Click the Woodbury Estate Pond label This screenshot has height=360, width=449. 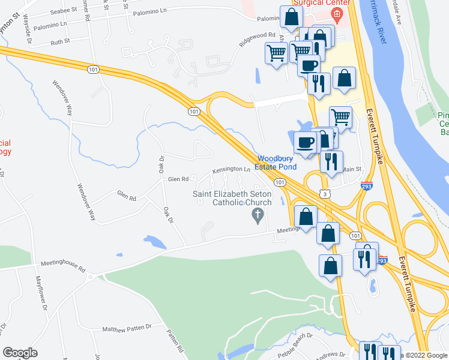tap(277, 163)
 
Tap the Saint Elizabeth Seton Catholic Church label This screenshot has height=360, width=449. tap(232, 198)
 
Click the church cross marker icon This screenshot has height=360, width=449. tap(258, 215)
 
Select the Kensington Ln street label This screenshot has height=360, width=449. tap(231, 170)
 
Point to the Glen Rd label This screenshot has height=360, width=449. tap(178, 179)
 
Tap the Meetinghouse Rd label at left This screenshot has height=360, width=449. tap(63, 263)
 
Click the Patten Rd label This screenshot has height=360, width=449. tap(175, 340)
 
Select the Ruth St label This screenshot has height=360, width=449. tap(60, 41)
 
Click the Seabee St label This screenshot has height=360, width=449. tap(64, 10)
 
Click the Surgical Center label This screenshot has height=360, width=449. tap(312, 3)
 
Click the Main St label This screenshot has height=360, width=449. tap(353, 169)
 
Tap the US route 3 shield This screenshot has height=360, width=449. tap(324, 194)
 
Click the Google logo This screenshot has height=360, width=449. tap(20, 353)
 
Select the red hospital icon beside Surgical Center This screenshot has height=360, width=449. tap(337, 14)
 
